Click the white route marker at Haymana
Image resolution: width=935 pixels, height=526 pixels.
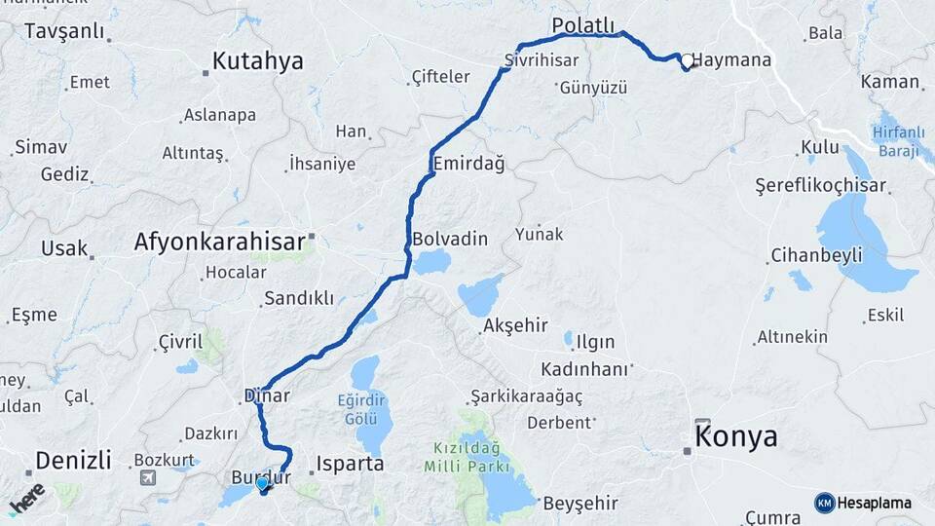(688, 61)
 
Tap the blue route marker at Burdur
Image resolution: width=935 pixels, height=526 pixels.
(261, 484)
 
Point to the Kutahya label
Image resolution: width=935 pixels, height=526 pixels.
(257, 61)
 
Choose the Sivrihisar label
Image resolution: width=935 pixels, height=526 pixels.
(536, 60)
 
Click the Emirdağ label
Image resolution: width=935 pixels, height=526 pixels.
(469, 164)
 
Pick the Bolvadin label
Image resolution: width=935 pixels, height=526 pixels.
(450, 239)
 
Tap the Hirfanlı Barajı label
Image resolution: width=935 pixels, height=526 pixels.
(898, 141)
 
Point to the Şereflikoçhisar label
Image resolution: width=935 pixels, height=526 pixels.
(821, 185)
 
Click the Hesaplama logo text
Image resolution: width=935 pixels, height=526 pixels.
(873, 503)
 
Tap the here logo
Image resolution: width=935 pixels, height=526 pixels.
(26, 498)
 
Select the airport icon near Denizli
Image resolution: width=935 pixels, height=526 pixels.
(147, 477)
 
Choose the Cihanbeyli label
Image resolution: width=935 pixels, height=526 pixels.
(816, 255)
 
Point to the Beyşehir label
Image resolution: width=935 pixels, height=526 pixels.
(580, 503)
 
